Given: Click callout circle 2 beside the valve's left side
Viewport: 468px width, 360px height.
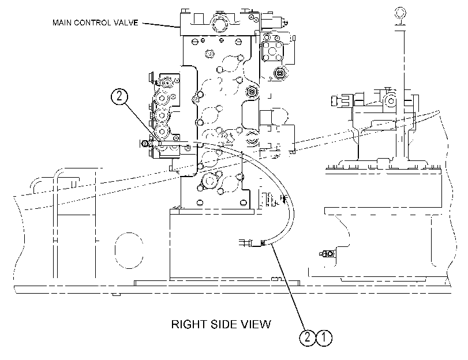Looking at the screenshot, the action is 119,96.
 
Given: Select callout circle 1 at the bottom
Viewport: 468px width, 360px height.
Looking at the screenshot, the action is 324,337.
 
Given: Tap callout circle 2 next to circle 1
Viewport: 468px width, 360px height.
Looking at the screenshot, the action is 308,337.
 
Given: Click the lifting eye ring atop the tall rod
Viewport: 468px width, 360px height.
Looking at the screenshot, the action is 400,13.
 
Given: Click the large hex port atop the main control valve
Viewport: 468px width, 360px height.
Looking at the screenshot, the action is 219,23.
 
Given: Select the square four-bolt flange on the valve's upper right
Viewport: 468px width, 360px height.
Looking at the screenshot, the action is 272,51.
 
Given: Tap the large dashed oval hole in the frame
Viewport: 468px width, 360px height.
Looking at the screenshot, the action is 129,250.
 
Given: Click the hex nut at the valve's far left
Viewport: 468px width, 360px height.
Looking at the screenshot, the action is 145,144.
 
